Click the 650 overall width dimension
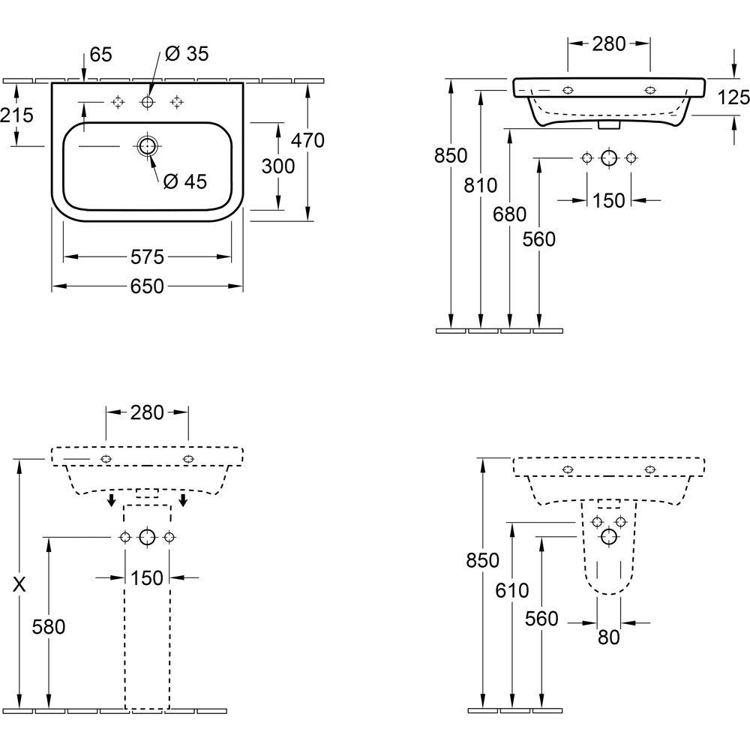(147, 286)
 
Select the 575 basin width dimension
(147, 257)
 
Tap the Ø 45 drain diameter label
(184, 181)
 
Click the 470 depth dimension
(307, 140)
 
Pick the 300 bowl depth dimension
(278, 166)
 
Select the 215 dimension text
(16, 115)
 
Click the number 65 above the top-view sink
(100, 54)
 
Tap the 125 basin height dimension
(733, 97)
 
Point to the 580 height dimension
(49, 626)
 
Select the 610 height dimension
(511, 592)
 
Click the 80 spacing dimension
(609, 637)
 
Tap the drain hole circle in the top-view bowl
(148, 145)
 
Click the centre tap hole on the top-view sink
(147, 101)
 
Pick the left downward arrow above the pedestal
(111, 500)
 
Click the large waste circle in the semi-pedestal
(609, 536)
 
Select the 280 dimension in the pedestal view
(147, 412)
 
